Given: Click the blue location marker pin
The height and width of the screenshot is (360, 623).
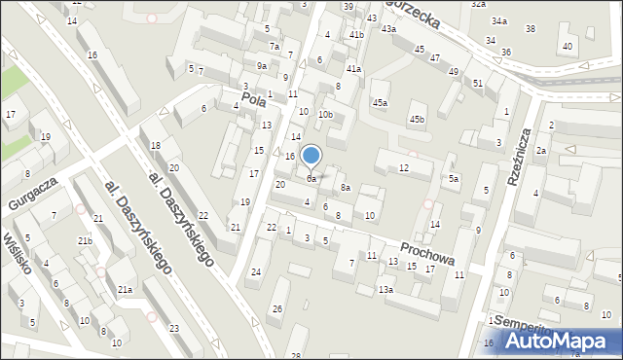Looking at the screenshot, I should [x=311, y=156].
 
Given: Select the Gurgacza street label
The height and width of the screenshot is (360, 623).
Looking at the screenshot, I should [x=34, y=192].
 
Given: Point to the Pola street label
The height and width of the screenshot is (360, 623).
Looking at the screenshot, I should [x=254, y=99].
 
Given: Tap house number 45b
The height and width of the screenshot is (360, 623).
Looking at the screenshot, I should [x=417, y=120].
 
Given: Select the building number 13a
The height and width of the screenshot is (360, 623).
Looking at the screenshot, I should [x=386, y=290].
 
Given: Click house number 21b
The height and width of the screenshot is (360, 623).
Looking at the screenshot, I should [x=85, y=240].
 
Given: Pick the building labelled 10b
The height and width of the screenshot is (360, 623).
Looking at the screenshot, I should [x=325, y=115].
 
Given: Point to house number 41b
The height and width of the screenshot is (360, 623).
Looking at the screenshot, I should [x=356, y=35].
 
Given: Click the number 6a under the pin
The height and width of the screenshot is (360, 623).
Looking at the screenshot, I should [x=311, y=179].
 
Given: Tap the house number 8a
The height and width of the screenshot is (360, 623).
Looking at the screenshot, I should [x=345, y=187].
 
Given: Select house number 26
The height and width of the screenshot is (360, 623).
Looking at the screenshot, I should [x=277, y=309].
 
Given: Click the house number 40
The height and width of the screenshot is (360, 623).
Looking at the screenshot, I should [x=567, y=47].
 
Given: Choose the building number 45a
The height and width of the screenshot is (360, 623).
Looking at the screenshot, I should [x=380, y=102].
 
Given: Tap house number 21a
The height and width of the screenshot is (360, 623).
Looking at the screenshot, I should [x=126, y=290].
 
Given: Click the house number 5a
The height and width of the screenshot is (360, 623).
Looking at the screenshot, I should [x=454, y=179].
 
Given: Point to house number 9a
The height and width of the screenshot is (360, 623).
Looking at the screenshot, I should [x=262, y=65].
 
